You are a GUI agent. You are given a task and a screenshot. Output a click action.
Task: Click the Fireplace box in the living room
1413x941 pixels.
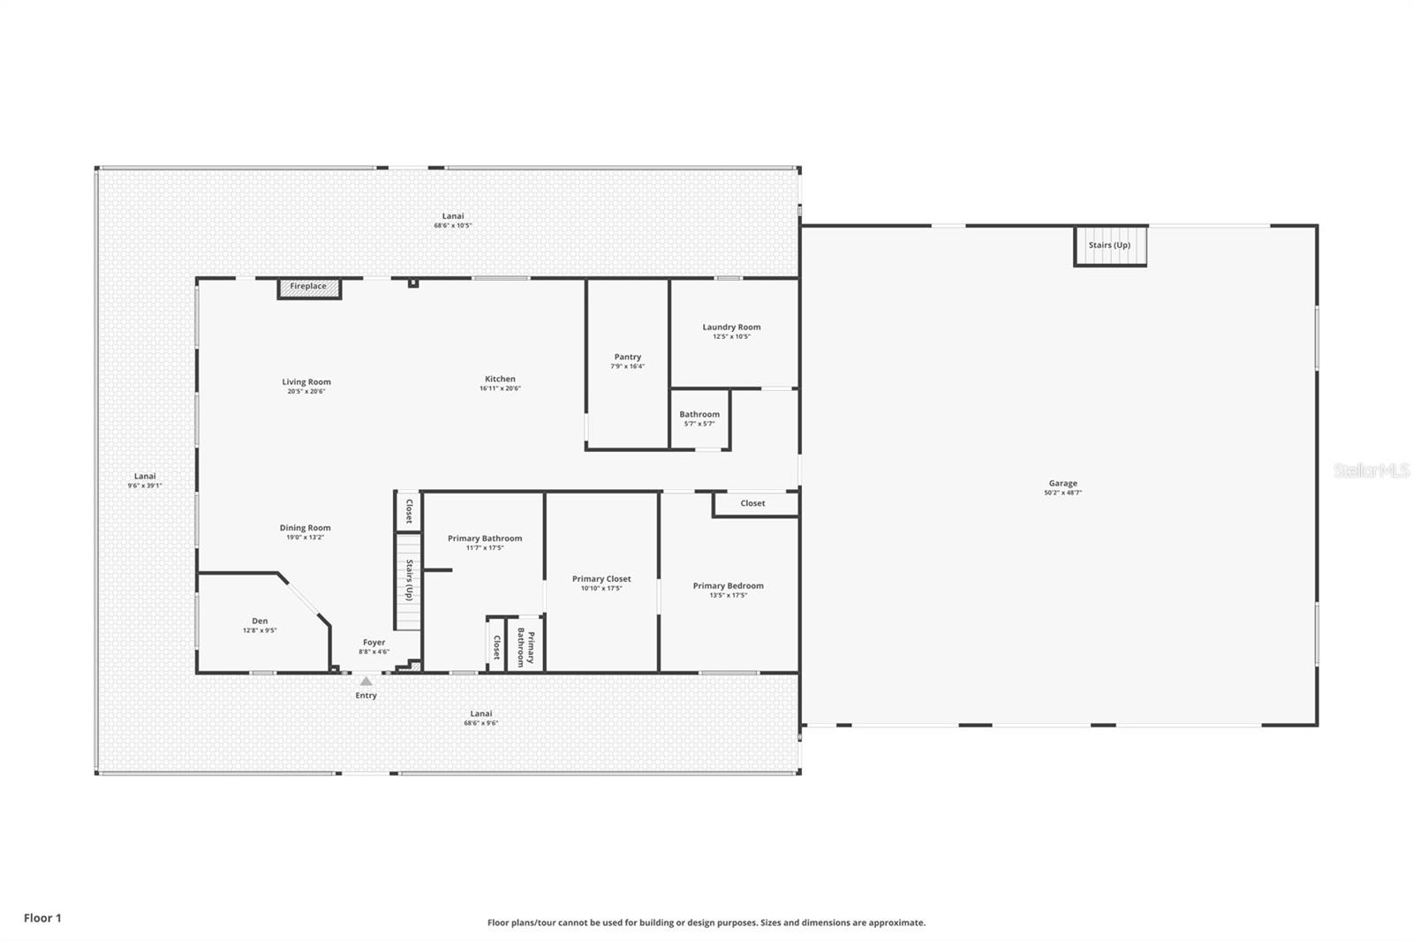click(x=308, y=287)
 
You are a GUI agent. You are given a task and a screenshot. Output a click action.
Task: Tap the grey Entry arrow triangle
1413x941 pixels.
click(x=366, y=681)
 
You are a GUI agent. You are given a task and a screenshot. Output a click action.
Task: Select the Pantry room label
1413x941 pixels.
click(x=628, y=358)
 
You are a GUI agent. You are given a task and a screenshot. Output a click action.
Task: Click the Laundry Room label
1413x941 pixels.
click(x=731, y=327)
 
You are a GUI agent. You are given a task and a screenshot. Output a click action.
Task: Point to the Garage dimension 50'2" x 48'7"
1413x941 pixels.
click(x=1062, y=493)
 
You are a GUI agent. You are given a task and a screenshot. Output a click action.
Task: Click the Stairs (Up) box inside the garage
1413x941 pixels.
click(x=1109, y=245)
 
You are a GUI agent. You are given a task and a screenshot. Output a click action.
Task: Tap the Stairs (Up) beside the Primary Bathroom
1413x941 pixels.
click(x=409, y=580)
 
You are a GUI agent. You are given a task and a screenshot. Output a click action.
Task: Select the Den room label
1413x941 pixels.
click(x=260, y=621)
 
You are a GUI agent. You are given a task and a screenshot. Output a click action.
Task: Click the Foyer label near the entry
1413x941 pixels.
click(x=374, y=644)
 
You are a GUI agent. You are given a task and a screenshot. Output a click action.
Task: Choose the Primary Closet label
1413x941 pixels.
click(x=601, y=579)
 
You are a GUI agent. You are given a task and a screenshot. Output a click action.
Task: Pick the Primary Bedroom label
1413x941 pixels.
click(x=728, y=586)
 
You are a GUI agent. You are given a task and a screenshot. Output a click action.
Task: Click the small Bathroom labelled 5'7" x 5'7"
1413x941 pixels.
click(x=699, y=415)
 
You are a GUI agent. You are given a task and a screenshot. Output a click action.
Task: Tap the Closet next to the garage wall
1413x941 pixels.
click(x=752, y=503)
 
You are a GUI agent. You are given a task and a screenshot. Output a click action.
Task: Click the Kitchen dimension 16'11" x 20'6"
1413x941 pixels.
click(x=500, y=388)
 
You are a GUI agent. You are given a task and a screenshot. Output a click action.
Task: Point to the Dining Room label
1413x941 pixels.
click(x=305, y=528)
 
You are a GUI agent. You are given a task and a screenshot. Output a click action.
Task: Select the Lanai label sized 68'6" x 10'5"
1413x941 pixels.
click(x=452, y=216)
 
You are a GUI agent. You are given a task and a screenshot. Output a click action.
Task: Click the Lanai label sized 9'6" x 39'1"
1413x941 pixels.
click(x=145, y=477)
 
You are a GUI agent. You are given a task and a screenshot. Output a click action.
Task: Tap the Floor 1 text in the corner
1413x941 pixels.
click(x=42, y=918)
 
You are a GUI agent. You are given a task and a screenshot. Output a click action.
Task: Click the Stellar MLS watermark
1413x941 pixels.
click(x=1371, y=470)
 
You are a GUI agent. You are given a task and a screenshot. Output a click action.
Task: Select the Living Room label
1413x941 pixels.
click(x=306, y=382)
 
